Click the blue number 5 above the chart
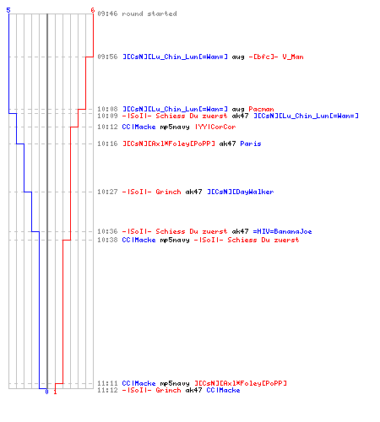pos(8,10)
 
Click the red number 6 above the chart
pos(93,10)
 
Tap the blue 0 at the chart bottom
pos(46,392)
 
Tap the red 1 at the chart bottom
pos(55,392)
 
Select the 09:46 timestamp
pos(107,14)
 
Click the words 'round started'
pos(149,14)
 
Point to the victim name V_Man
pos(293,57)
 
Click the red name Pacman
pos(261,109)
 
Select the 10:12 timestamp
pos(107,127)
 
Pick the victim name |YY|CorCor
pos(215,127)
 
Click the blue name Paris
pos(251,143)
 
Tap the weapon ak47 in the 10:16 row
pos(227,143)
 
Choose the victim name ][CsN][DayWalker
pos(241,192)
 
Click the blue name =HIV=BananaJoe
pos(282,231)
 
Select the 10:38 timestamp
pos(107,240)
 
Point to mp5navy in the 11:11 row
pos(175,383)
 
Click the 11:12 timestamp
pos(107,390)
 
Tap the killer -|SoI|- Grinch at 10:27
pos(151,192)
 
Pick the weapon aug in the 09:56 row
pos(238,57)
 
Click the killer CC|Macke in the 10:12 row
pos(138,127)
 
